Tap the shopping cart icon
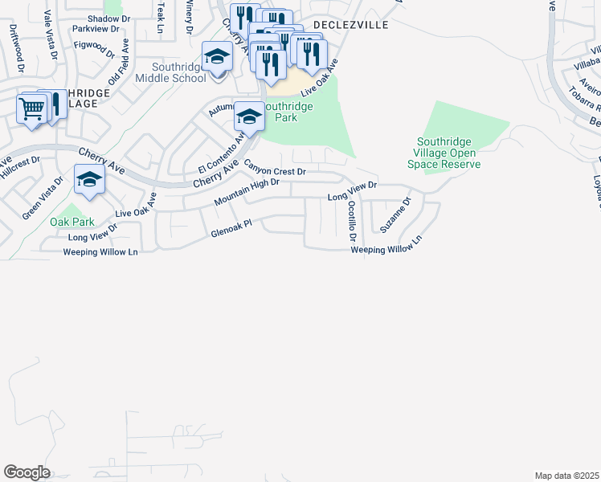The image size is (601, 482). [x=31, y=108]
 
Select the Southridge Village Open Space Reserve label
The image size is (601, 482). [x=448, y=153]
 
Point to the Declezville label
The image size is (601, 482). [x=350, y=25]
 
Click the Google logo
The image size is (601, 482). [x=27, y=472]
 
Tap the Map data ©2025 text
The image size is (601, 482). [x=566, y=476]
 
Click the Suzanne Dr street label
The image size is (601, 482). [x=395, y=214]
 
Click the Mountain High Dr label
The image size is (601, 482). [x=247, y=193]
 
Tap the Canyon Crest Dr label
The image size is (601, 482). [x=275, y=170]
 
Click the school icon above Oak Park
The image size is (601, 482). [x=89, y=179]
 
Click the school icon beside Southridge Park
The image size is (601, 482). [x=249, y=116]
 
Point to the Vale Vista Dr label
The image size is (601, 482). [x=51, y=35]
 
